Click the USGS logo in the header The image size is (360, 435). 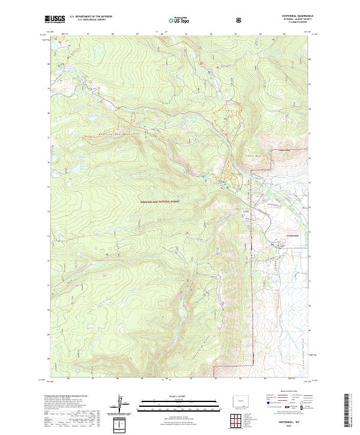[55, 19]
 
